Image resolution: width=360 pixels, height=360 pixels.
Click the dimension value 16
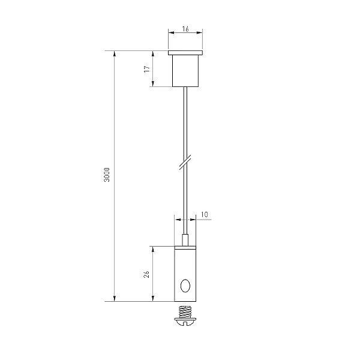pyautogui.click(x=185, y=29)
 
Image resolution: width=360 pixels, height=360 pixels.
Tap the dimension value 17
pyautogui.click(x=147, y=68)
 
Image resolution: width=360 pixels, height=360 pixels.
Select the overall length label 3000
pyautogui.click(x=107, y=175)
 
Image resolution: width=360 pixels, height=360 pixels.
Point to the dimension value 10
pyautogui.click(x=204, y=214)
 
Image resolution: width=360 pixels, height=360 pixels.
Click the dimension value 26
pyautogui.click(x=147, y=274)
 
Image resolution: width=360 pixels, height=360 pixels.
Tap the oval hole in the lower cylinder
pyautogui.click(x=185, y=286)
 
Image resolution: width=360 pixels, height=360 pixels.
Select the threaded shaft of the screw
pyautogui.click(x=185, y=311)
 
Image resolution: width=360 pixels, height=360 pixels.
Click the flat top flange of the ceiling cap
pyautogui.click(x=185, y=53)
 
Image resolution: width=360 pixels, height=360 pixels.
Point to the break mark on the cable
pyautogui.click(x=185, y=162)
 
